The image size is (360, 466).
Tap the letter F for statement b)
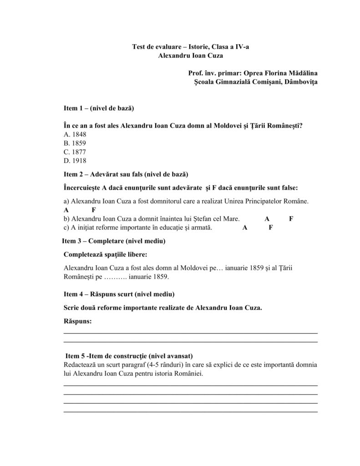[291, 218]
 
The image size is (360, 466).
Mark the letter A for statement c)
[245, 228]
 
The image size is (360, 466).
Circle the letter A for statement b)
[267, 218]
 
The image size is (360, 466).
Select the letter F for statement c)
[270, 228]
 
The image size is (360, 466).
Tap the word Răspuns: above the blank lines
[77, 321]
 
